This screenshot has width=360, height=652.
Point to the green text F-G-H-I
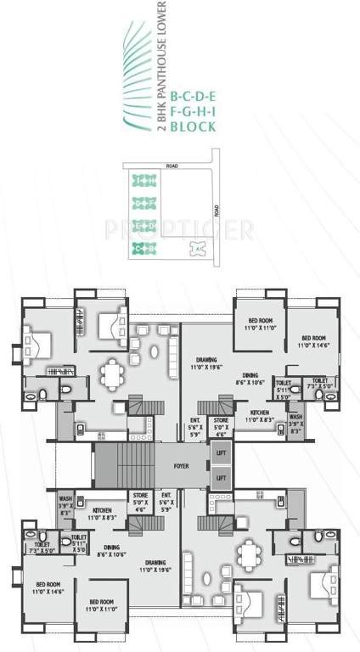[193, 112]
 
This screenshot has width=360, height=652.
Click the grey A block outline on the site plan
[197, 247]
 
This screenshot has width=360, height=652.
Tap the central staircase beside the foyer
[127, 465]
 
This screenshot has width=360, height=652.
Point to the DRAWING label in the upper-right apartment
[202, 363]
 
